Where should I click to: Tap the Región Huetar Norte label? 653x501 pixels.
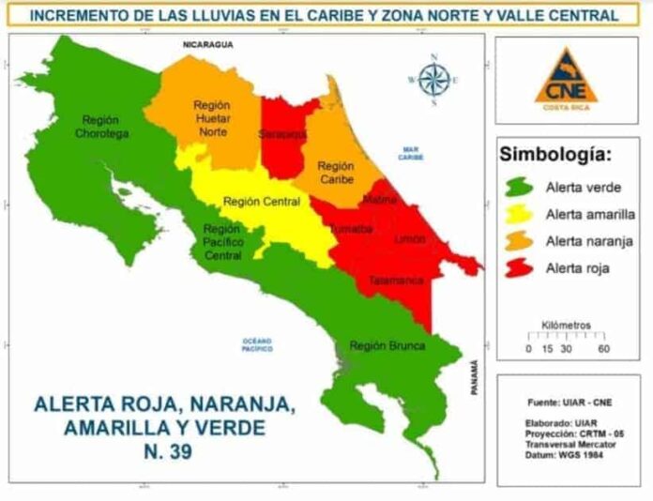(x=212, y=118)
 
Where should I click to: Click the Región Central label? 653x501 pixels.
(x=262, y=202)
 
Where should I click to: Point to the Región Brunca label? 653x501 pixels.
(x=387, y=345)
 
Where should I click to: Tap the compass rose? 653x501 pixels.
(x=433, y=80)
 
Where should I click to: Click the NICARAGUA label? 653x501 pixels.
(x=208, y=44)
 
